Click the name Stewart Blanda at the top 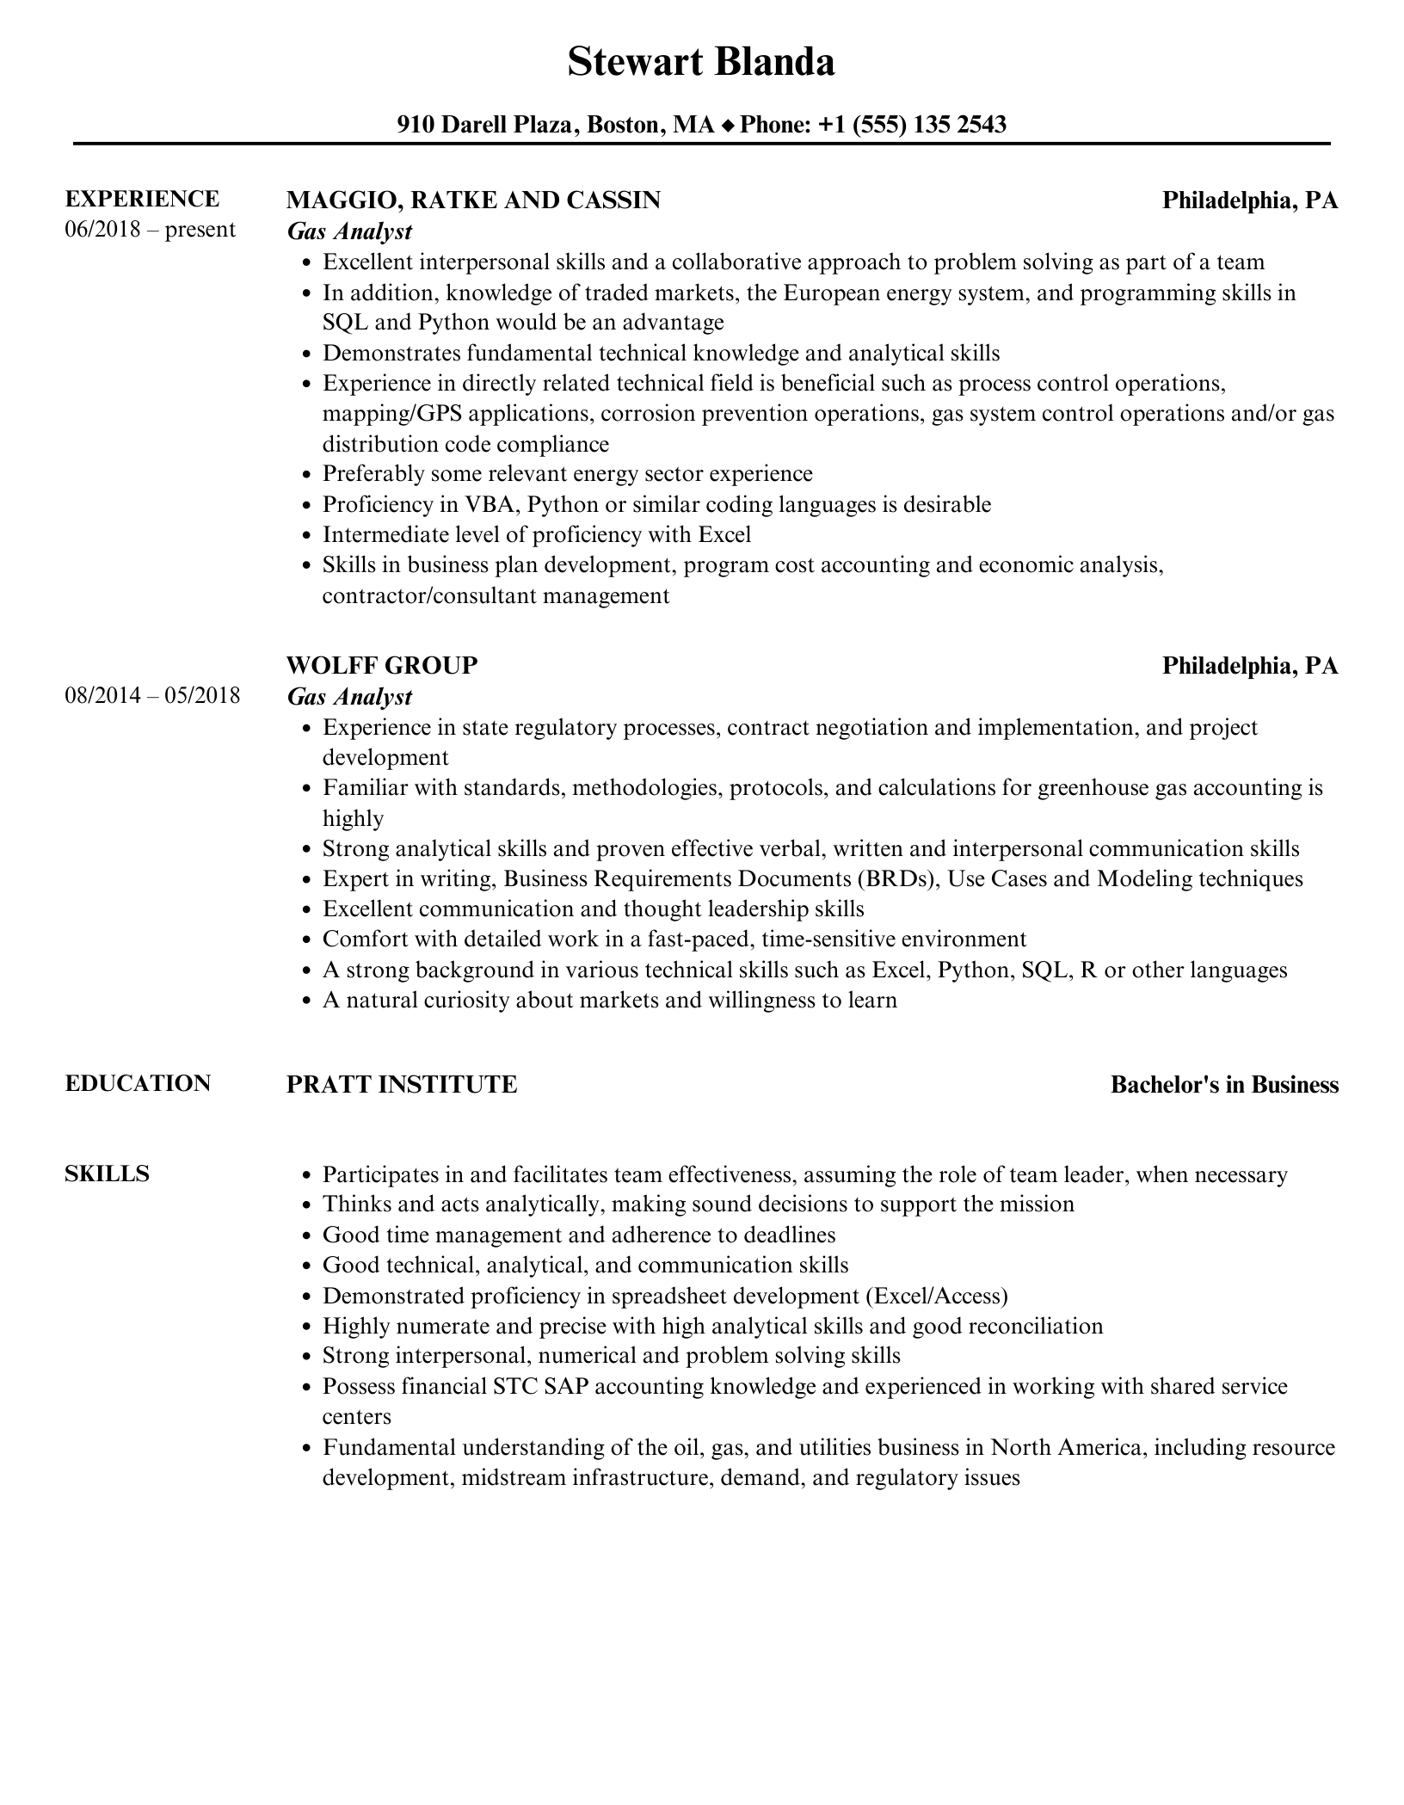point(701,63)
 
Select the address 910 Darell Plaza point(486,125)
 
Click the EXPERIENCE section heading point(142,199)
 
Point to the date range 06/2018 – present point(150,230)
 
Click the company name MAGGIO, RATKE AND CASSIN point(473,200)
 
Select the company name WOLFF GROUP point(382,665)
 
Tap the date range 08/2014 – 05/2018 point(152,695)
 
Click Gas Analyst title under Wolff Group point(349,696)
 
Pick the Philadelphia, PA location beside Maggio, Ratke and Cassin point(1250,200)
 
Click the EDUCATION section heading point(138,1083)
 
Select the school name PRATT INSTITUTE point(402,1085)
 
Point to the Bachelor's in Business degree point(1224,1085)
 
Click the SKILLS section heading point(107,1174)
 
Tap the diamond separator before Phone point(727,126)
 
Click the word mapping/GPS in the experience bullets point(392,414)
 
